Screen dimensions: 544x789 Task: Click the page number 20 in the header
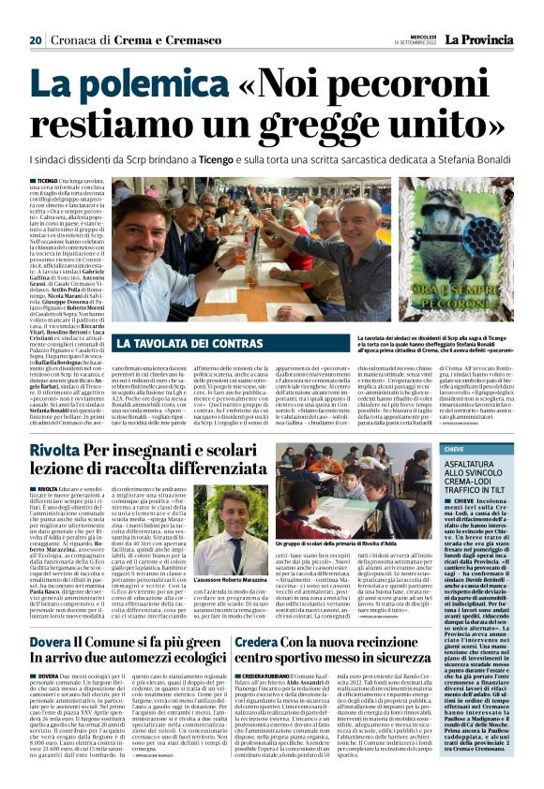pos(36,39)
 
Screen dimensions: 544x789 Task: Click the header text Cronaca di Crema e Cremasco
pos(120,39)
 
